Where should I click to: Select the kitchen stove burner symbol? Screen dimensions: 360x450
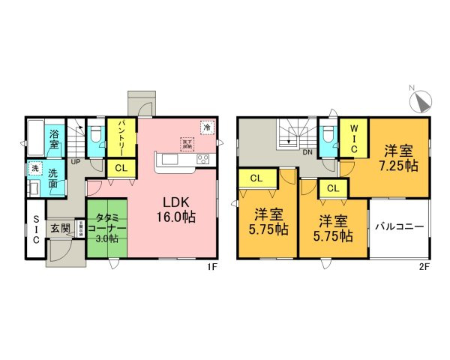(x=202, y=160)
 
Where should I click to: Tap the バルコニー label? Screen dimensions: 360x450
(x=400, y=226)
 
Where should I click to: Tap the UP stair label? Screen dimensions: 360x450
(x=76, y=160)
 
